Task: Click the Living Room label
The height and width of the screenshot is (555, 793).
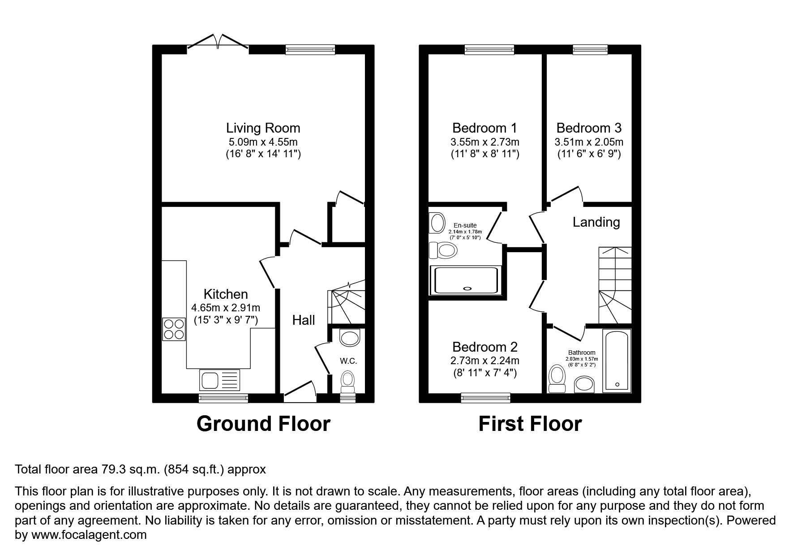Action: click(263, 128)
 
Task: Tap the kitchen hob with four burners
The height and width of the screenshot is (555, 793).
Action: click(174, 329)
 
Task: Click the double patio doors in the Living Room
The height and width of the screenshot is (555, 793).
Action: click(218, 42)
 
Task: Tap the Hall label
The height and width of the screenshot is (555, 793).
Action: click(304, 320)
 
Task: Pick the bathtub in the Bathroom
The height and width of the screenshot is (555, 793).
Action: click(617, 361)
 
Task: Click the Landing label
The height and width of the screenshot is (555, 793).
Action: click(596, 222)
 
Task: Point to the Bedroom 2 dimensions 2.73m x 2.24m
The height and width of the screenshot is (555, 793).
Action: click(485, 361)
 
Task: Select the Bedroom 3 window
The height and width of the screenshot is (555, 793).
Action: click(590, 50)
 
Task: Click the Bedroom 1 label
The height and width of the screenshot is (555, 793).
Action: click(484, 128)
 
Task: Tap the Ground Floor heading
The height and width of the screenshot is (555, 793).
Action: click(263, 424)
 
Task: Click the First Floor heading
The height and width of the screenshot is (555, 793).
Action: click(530, 424)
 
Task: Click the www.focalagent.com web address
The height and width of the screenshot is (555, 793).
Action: click(88, 535)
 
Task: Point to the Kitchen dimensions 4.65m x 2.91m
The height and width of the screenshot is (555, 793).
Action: click(226, 308)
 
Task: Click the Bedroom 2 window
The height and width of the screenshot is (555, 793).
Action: click(485, 397)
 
